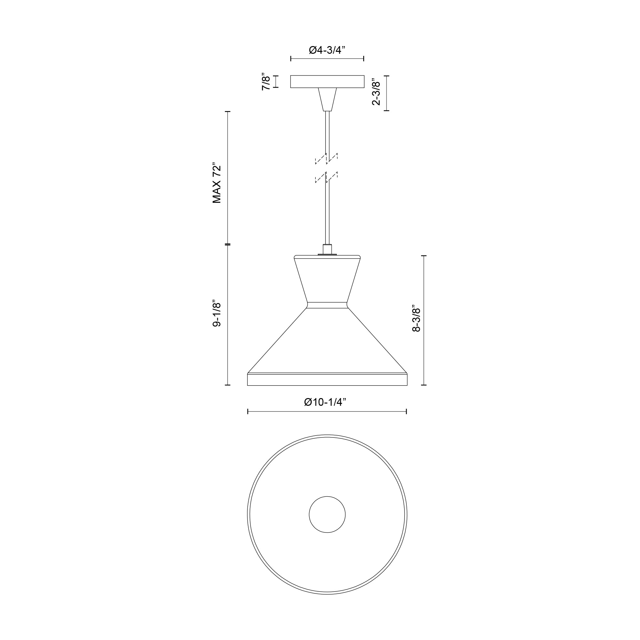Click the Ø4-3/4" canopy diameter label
tap(327, 50)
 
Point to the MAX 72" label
tap(217, 183)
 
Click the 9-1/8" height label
tap(217, 314)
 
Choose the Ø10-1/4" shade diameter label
tap(325, 402)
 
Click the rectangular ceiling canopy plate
tap(327, 82)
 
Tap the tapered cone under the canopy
tap(327, 98)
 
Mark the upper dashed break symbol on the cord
tap(327, 159)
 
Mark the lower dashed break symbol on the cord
tap(327, 177)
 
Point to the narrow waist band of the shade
tap(327, 305)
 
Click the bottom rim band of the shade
tap(327, 380)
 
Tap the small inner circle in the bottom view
tap(327, 515)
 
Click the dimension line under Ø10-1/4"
tap(327, 412)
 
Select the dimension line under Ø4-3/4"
tap(327, 59)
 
